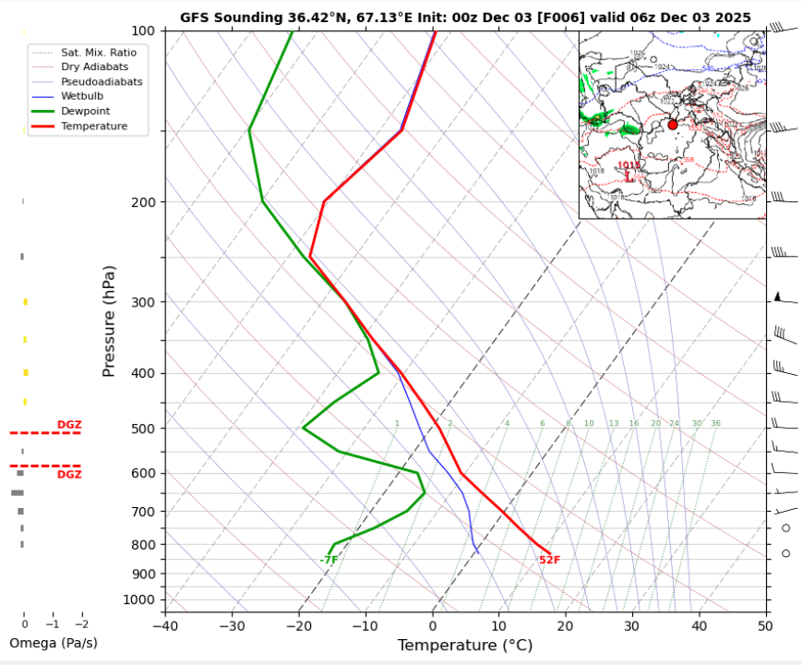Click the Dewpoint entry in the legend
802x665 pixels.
click(x=81, y=111)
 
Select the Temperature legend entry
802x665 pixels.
click(x=93, y=126)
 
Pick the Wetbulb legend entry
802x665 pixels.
click(x=81, y=96)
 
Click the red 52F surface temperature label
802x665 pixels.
click(x=550, y=561)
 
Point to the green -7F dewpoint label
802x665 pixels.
click(x=329, y=561)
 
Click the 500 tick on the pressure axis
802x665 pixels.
click(x=144, y=428)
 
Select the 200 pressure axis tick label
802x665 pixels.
click(x=144, y=202)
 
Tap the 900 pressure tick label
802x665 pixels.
click(x=144, y=574)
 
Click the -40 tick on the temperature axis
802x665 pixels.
click(x=165, y=625)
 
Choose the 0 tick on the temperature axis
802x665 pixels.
click(x=433, y=625)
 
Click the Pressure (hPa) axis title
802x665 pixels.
click(x=109, y=320)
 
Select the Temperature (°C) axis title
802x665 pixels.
click(x=465, y=647)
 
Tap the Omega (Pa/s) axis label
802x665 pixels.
click(x=53, y=643)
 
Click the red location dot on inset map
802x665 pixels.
click(x=673, y=124)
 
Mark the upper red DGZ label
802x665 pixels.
click(x=69, y=425)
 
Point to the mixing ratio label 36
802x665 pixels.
click(x=715, y=424)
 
